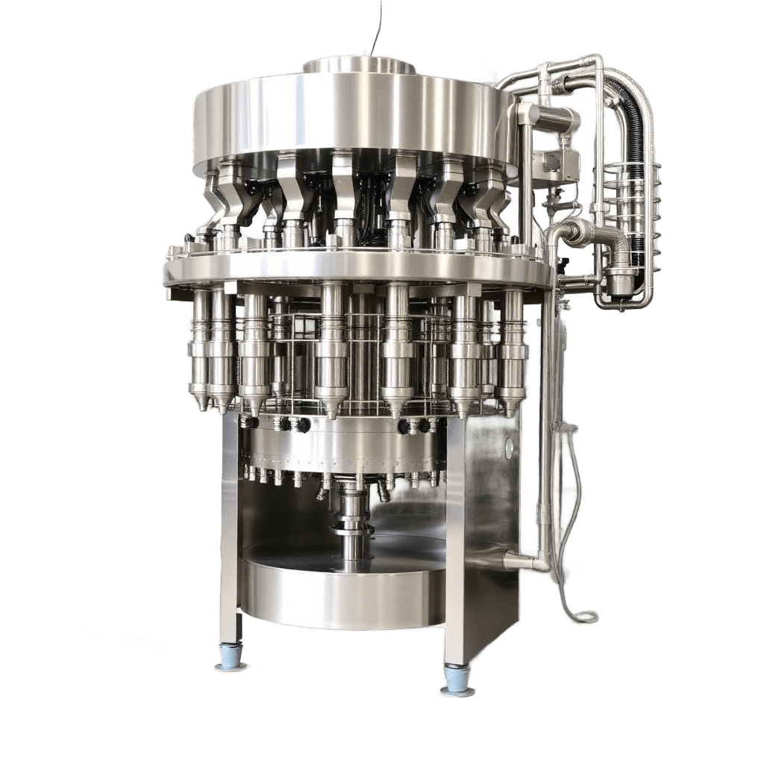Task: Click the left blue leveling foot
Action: click(x=231, y=660)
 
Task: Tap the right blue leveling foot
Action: click(x=457, y=683)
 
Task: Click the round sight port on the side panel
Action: click(x=509, y=448)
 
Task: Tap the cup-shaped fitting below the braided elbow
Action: click(x=619, y=281)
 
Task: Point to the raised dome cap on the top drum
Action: click(x=358, y=65)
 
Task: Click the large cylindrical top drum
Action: click(x=351, y=119)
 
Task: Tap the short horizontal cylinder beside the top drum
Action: click(x=556, y=117)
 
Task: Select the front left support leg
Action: click(x=230, y=537)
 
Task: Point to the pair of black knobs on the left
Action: click(x=292, y=425)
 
